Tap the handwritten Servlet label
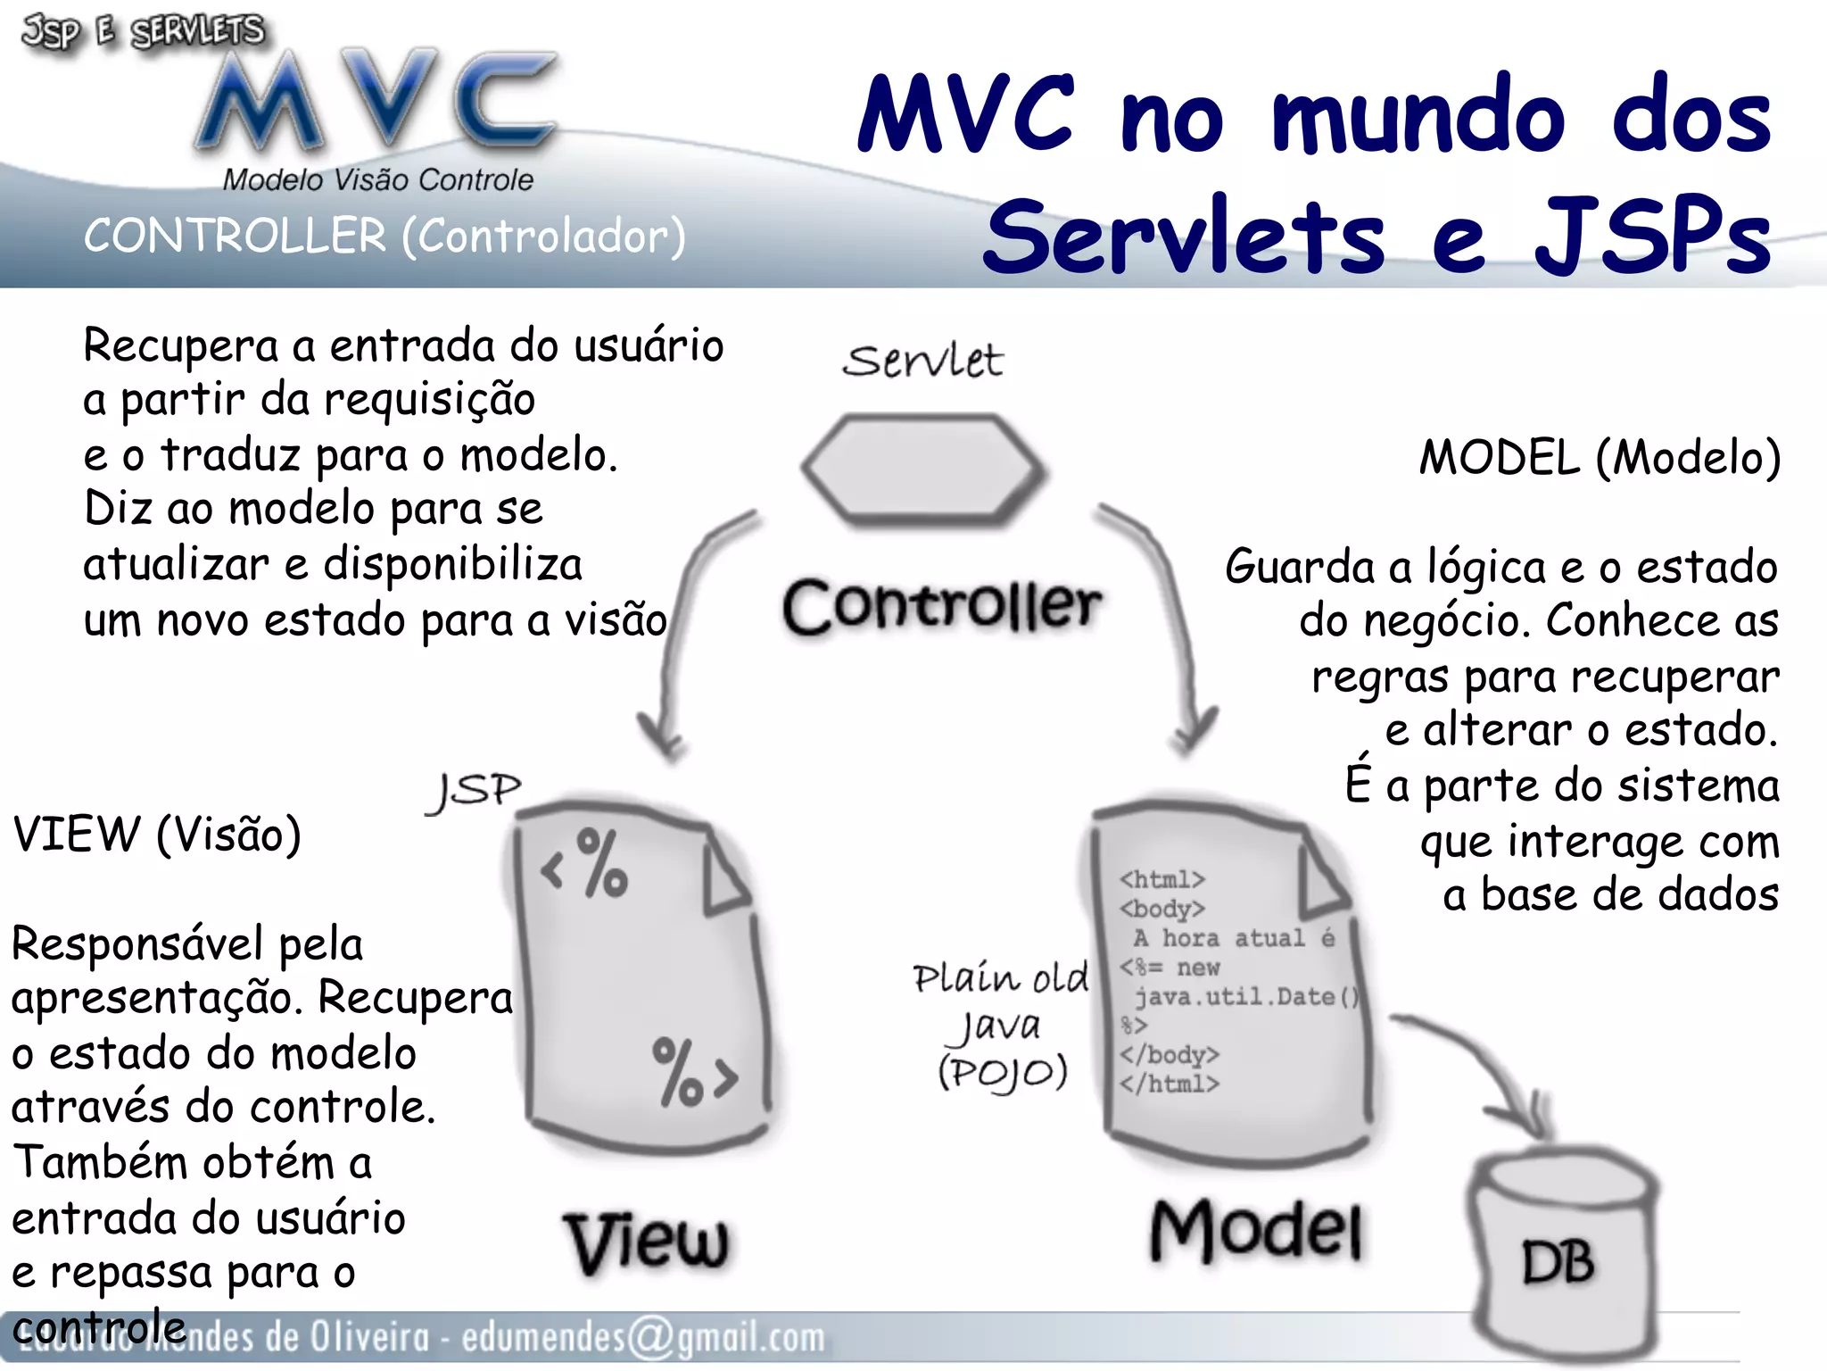click(923, 361)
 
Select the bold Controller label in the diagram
click(942, 607)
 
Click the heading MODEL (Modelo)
click(1600, 458)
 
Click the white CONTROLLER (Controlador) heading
click(384, 237)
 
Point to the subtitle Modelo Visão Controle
click(377, 180)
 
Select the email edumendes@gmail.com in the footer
click(642, 1337)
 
